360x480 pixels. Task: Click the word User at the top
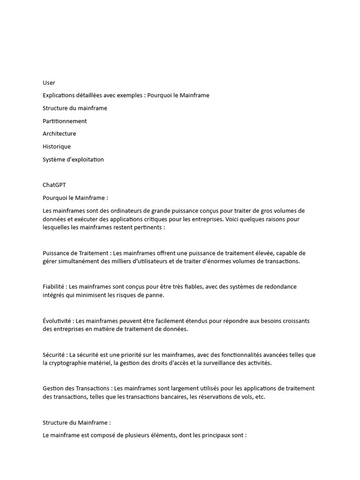[49, 82]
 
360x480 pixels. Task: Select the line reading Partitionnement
[65, 121]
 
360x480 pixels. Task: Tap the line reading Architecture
[59, 134]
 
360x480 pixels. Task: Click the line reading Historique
[57, 146]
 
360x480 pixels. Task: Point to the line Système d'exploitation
[73, 159]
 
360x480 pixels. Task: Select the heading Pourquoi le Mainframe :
[75, 198]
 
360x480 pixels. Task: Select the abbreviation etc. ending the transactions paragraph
[260, 397]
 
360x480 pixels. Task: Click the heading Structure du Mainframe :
[77, 422]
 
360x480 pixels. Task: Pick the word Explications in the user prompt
[60, 95]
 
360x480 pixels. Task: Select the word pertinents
[149, 227]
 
